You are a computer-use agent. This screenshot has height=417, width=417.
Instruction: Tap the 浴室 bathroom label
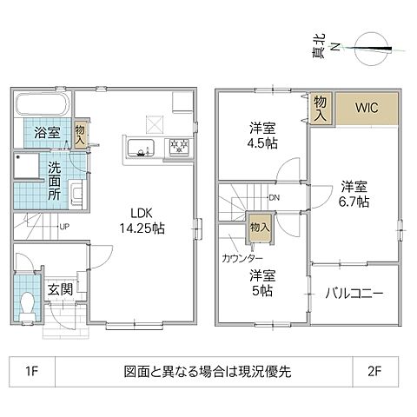click(x=47, y=133)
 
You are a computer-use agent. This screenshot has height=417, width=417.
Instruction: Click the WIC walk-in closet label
click(x=365, y=109)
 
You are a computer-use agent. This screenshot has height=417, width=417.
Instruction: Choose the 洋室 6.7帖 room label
click(x=354, y=193)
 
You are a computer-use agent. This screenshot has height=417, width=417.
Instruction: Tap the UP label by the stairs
click(x=64, y=228)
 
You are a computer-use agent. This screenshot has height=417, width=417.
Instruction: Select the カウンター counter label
click(x=239, y=259)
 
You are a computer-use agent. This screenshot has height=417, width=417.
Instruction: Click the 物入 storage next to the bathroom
click(x=79, y=134)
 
